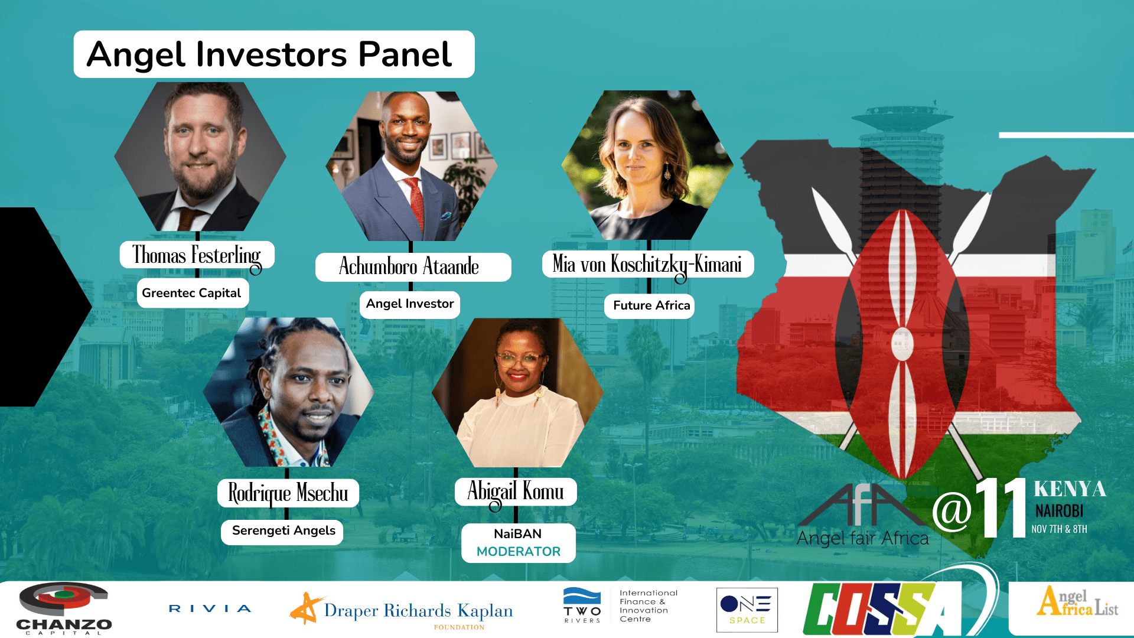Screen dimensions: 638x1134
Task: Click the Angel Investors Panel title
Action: (269, 54)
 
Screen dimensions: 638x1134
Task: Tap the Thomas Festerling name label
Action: (197, 255)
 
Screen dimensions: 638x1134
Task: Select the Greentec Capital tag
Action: (192, 293)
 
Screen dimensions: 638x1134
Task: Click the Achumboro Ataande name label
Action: (410, 266)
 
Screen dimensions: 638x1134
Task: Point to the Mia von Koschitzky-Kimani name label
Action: (647, 264)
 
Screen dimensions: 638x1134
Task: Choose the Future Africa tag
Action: (651, 305)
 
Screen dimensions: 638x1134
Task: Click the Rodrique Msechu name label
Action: (288, 493)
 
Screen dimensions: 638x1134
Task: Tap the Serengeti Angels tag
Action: (283, 530)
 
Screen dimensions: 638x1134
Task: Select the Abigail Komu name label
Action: (516, 491)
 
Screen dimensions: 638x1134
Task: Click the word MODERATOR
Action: (519, 552)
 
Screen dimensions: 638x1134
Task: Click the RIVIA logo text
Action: (210, 608)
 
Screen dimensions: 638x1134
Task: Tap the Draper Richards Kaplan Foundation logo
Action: (402, 611)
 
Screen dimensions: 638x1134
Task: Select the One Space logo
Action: (747, 610)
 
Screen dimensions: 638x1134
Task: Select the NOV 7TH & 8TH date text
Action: (1059, 529)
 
